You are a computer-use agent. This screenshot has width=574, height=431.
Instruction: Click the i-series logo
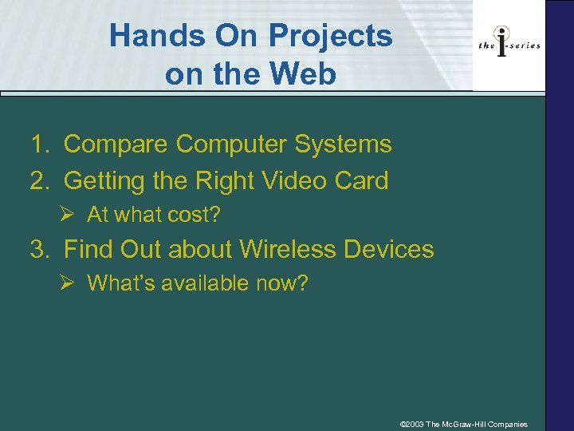(x=509, y=45)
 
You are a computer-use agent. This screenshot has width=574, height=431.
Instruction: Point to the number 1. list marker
(x=39, y=144)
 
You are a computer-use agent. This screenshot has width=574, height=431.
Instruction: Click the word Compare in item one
(x=116, y=144)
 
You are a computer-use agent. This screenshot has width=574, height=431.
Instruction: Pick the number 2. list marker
(x=39, y=180)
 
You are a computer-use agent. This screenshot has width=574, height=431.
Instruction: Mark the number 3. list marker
(x=39, y=249)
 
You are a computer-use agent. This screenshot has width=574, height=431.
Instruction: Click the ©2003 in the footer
(x=411, y=424)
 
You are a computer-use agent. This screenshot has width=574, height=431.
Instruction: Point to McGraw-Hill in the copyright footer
(x=470, y=424)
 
